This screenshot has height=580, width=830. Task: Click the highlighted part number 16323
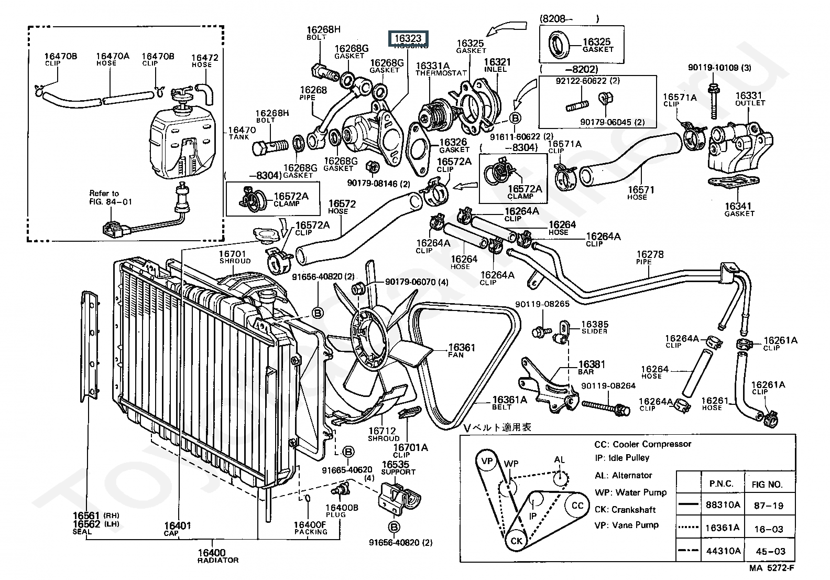pos(408,38)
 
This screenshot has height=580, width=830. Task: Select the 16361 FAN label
pos(462,350)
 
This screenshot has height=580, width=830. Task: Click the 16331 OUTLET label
pos(750,99)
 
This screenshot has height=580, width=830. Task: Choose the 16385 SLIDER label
pos(594,328)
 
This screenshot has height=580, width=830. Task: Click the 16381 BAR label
pos(592,368)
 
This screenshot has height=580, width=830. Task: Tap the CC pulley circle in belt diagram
pos(577,506)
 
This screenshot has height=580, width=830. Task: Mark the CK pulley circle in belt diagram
pos(517,540)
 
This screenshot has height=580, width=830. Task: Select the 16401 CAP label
pos(177,529)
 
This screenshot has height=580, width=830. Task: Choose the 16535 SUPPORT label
pos(398,468)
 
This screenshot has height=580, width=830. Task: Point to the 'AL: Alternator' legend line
pos(624,475)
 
